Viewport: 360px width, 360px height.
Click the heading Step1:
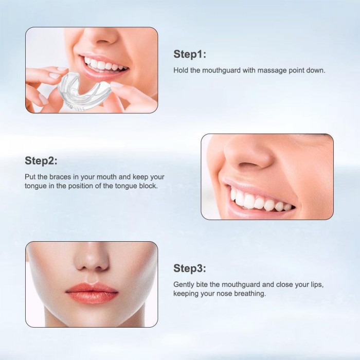click(190, 55)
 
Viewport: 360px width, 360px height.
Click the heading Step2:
click(41, 160)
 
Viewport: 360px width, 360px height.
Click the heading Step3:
click(190, 268)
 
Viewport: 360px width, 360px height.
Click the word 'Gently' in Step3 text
click(184, 284)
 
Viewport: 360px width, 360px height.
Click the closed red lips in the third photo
click(92, 293)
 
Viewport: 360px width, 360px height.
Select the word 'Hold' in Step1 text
click(181, 70)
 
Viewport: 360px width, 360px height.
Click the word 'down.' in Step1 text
click(317, 70)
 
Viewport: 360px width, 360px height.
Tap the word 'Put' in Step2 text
click(30, 177)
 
